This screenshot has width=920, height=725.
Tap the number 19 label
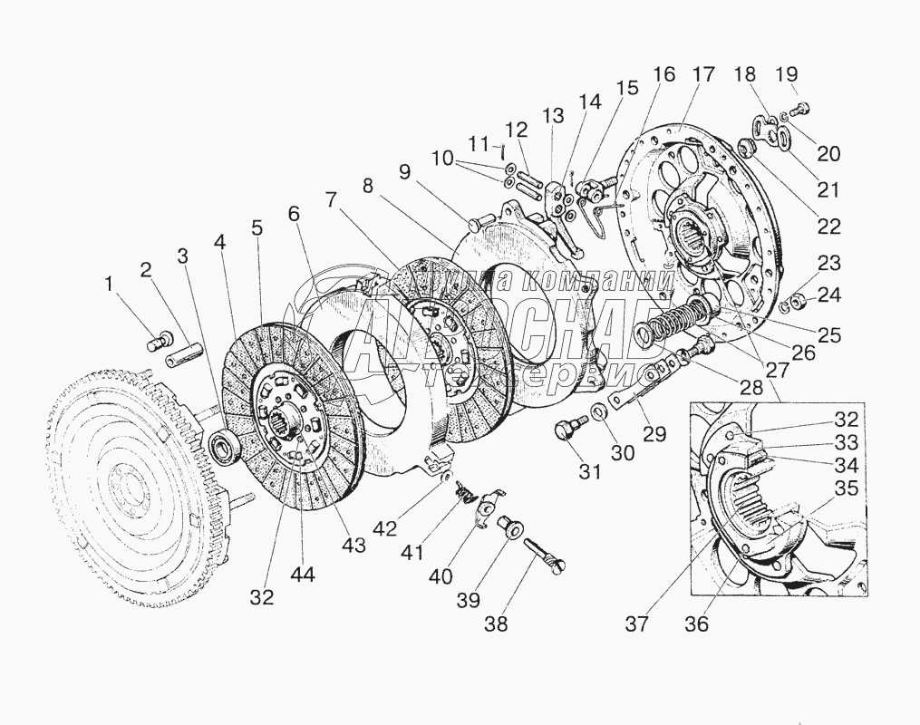coord(786,74)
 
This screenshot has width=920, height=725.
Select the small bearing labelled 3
coord(224,446)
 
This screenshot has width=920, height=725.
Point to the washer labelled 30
coord(601,414)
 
